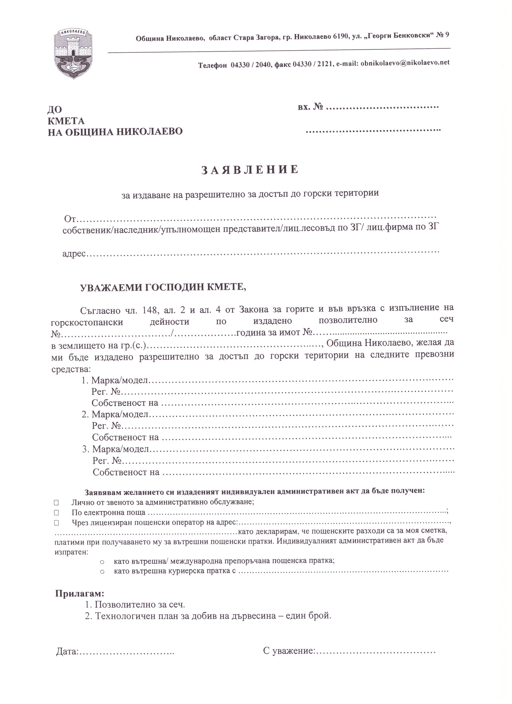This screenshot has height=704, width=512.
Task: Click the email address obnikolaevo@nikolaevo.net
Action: (405, 63)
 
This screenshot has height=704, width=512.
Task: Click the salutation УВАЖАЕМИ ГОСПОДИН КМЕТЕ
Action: (163, 287)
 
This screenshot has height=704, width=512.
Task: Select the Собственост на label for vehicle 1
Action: (125, 403)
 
